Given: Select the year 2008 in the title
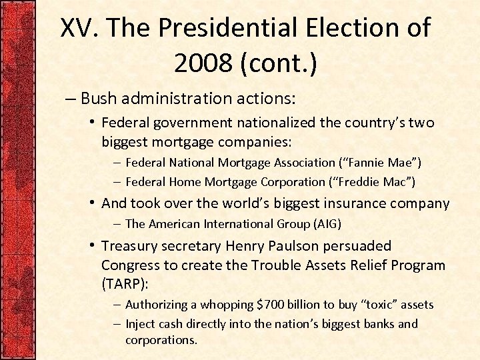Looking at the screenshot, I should point(202,63).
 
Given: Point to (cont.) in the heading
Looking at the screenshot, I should point(275,63).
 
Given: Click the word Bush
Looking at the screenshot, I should point(102,99).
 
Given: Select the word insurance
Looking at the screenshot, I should point(357,203).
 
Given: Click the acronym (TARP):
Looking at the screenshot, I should point(125,283).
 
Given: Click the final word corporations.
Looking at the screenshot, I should point(161,339).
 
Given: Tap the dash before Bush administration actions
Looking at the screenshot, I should point(71,99).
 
